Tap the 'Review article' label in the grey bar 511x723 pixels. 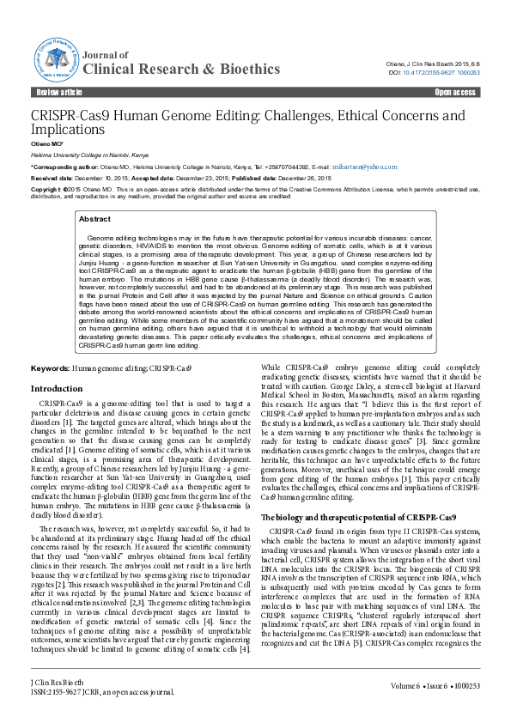click(x=59, y=92)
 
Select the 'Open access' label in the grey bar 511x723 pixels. click(x=455, y=92)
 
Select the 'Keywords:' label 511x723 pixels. click(x=50, y=368)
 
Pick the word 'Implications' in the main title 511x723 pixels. click(x=68, y=130)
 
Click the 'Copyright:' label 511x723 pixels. click(x=48, y=188)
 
